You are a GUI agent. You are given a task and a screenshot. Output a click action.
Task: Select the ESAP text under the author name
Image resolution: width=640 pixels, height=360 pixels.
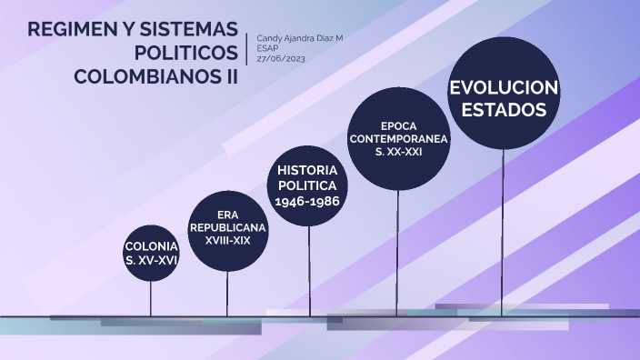(x=267, y=47)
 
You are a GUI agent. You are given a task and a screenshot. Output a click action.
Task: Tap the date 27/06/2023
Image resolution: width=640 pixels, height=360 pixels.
(x=280, y=57)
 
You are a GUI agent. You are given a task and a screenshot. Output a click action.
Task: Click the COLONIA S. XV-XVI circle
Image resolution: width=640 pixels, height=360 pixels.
(x=152, y=253)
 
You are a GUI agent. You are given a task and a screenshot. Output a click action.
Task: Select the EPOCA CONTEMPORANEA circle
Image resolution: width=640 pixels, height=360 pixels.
(x=398, y=138)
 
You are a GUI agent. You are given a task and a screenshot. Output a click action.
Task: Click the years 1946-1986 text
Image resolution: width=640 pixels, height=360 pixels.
(x=307, y=201)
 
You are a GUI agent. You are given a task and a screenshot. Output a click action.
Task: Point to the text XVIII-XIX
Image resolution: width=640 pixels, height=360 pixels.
(x=227, y=241)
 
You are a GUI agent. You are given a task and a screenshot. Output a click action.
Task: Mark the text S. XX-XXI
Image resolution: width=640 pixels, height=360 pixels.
(x=398, y=152)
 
